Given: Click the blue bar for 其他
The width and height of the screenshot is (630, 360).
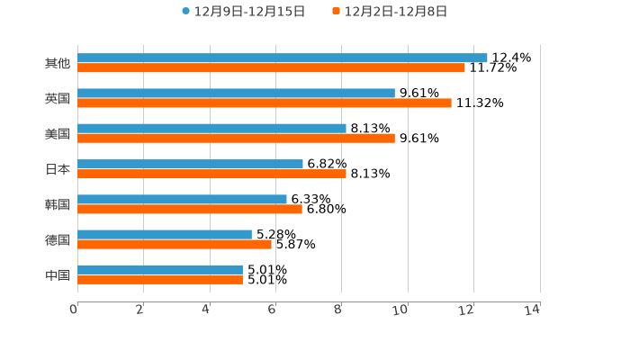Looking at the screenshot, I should click(x=283, y=58).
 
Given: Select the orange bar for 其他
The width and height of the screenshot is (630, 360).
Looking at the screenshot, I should click(x=271, y=67).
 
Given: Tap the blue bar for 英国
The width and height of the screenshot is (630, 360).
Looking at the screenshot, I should click(x=236, y=93).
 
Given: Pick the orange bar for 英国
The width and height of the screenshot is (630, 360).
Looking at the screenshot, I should click(x=265, y=103).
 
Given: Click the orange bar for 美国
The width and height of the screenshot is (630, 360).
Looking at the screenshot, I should click(x=236, y=139).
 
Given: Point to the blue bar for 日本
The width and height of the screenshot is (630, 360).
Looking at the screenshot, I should click(x=190, y=164).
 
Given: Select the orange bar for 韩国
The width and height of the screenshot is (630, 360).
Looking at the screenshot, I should click(x=190, y=209).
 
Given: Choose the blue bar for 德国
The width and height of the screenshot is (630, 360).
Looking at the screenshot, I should click(x=165, y=234).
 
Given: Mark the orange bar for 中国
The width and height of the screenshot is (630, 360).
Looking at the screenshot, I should click(x=160, y=280).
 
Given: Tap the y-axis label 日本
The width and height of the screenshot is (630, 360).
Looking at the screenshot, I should click(x=58, y=169).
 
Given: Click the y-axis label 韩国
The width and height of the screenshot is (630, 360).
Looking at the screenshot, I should click(x=58, y=204).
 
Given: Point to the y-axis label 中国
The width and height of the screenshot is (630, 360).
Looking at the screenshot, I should click(x=58, y=274).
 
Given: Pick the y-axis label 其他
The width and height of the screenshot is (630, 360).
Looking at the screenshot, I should click(x=58, y=63).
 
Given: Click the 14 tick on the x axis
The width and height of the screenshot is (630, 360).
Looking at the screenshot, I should click(x=533, y=310).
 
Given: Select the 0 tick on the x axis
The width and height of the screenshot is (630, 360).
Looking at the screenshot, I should click(x=75, y=310).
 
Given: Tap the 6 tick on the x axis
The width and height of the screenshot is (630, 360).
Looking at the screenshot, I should click(x=272, y=310).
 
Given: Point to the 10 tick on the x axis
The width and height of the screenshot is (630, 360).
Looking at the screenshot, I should click(x=400, y=310).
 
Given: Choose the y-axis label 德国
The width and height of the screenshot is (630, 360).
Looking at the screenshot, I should click(x=58, y=239).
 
